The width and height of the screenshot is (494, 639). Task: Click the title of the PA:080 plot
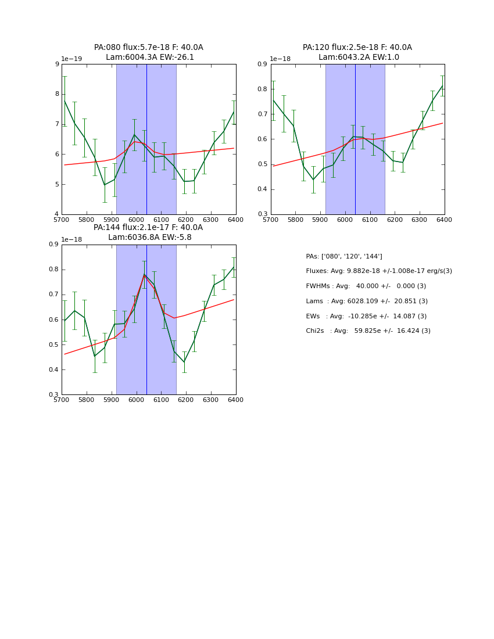(x=149, y=48)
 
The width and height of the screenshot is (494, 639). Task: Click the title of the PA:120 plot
(x=357, y=48)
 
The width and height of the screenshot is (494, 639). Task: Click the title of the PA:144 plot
(x=149, y=228)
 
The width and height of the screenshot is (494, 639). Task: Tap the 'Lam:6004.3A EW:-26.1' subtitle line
(x=150, y=58)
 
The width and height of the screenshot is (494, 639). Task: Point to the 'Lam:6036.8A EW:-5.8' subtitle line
(x=150, y=238)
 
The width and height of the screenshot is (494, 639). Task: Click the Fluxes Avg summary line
(x=379, y=271)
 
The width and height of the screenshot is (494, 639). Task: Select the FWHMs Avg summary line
(x=366, y=286)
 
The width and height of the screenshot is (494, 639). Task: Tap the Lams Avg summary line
(x=367, y=301)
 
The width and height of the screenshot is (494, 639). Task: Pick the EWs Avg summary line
(x=366, y=317)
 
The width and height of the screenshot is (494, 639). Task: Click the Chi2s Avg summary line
(x=368, y=331)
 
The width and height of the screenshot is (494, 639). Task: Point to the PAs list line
(x=344, y=257)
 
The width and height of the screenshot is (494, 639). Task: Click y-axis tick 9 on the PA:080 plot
(x=56, y=64)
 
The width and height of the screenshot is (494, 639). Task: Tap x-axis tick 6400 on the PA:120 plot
(x=444, y=220)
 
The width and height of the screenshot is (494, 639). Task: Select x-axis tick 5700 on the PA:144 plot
(x=62, y=400)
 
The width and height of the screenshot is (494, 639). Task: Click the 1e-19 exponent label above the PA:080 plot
(x=73, y=59)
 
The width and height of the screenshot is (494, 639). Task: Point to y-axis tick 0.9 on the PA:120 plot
(x=262, y=64)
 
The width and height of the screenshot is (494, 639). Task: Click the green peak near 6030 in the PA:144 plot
(x=144, y=274)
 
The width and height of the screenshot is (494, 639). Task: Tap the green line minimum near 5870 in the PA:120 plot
(x=313, y=180)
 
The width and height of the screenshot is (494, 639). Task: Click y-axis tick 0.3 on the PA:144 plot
(x=53, y=395)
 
